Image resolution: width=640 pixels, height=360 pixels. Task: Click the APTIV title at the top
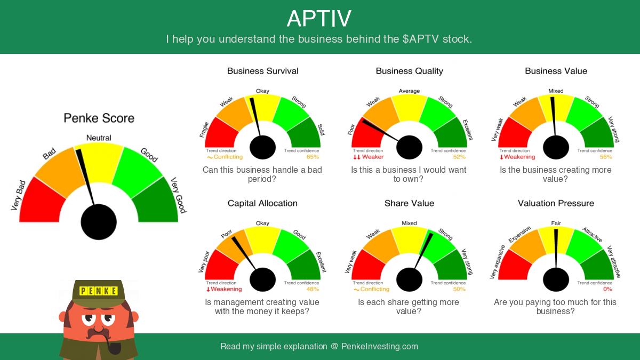[319, 19]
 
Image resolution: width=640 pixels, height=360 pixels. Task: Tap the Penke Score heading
[99, 118]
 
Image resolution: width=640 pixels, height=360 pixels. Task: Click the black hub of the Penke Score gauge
[99, 222]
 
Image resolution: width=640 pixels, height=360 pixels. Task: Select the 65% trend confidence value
[313, 157]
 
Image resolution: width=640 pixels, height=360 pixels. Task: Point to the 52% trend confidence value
[459, 157]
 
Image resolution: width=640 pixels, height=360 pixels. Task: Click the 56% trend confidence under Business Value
[606, 157]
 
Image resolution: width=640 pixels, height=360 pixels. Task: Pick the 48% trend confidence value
[313, 289]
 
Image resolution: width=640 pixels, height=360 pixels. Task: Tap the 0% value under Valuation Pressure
[607, 289]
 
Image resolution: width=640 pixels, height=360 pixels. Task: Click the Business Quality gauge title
[410, 71]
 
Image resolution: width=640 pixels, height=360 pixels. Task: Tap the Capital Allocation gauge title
[262, 203]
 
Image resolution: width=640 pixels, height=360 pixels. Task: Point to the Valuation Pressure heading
[556, 203]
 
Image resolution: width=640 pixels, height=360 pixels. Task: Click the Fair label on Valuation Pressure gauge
[556, 223]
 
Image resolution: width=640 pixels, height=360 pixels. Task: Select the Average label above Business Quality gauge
[409, 91]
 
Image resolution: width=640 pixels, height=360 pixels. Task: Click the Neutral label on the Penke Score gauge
[99, 138]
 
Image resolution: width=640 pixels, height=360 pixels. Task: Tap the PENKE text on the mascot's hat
[98, 291]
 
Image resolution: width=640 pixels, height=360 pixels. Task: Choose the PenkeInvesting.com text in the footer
[380, 346]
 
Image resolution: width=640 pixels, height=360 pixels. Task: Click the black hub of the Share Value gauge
[409, 279]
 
